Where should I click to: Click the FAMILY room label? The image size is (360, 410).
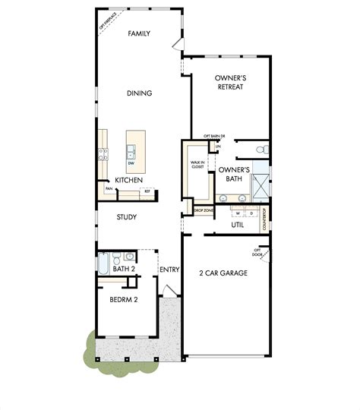[138, 33]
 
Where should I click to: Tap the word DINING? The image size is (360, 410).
[139, 93]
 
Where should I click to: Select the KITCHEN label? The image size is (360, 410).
[128, 180]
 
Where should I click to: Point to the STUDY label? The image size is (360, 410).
[126, 217]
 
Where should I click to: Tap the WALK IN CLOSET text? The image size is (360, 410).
[197, 166]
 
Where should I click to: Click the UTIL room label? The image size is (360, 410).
[238, 225]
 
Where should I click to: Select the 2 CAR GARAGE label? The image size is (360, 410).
[224, 273]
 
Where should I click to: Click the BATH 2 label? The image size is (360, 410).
[124, 269]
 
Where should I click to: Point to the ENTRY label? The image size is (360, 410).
[168, 269]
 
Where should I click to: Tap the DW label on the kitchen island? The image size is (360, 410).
[131, 163]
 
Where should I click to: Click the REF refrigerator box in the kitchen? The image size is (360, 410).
[148, 191]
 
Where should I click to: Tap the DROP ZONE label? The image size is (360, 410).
[202, 210]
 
